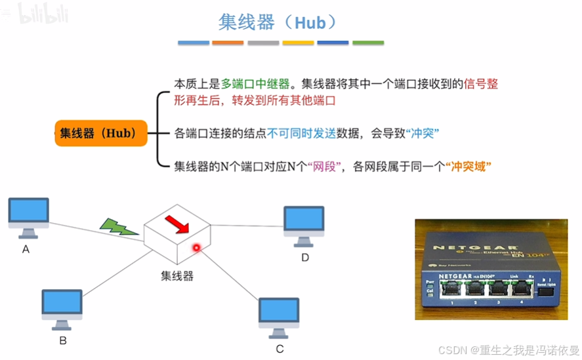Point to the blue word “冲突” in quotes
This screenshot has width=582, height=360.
click(423, 133)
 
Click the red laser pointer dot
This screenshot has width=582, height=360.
click(196, 247)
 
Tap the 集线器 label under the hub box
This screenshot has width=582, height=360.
click(177, 276)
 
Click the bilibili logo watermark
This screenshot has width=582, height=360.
click(43, 12)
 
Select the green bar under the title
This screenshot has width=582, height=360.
click(368, 43)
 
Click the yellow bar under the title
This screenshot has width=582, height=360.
click(298, 43)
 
